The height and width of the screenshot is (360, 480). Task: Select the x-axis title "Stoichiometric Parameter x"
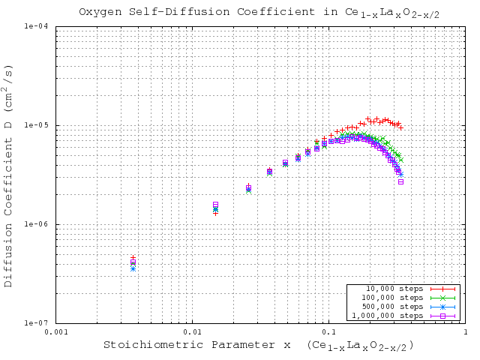click(x=197, y=345)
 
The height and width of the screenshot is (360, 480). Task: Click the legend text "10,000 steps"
click(x=394, y=289)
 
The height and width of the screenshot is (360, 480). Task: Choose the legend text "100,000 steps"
click(x=394, y=298)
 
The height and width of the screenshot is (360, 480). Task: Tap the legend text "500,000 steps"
click(x=394, y=307)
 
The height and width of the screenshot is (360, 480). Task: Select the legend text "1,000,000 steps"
click(x=394, y=316)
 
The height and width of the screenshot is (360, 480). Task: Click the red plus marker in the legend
click(x=443, y=289)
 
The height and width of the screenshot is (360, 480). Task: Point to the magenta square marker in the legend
click(x=443, y=316)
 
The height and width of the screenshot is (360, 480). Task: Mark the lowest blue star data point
click(x=133, y=267)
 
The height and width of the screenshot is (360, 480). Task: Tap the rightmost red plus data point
click(x=401, y=127)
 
